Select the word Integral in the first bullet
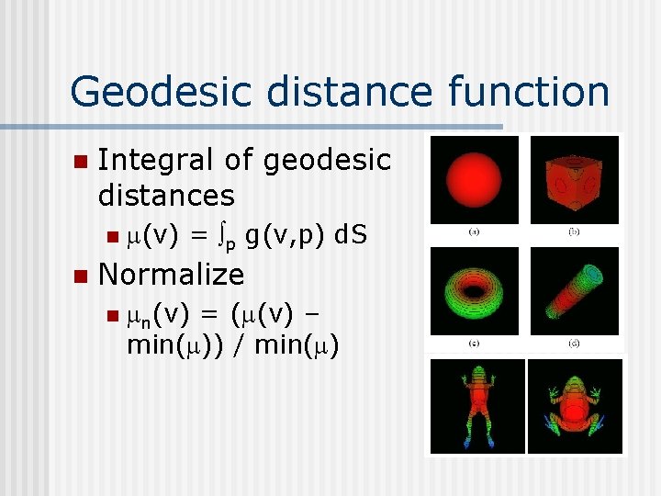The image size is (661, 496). [158, 160]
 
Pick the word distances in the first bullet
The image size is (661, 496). [166, 195]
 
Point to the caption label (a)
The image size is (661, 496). [474, 231]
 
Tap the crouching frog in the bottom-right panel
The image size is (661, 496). [576, 404]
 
